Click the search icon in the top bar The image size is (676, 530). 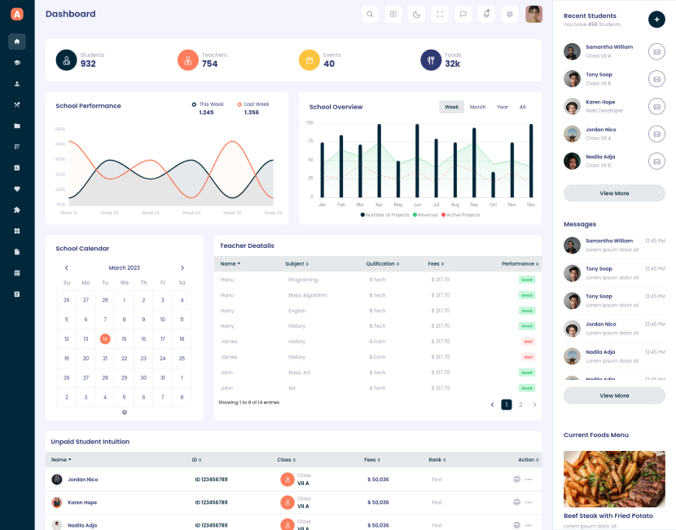coord(370,14)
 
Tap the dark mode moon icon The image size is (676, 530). coord(416,14)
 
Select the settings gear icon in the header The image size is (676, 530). coord(510,14)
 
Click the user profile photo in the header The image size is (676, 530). coord(533,14)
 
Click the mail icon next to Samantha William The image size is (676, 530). coord(656,51)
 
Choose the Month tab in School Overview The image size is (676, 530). coord(477,107)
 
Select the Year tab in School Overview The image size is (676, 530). coord(503,107)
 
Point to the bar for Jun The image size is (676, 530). coord(417,161)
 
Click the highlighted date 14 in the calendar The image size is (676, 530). coord(105,338)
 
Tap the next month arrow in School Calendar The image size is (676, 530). coord(182,267)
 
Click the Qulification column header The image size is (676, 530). coord(382,264)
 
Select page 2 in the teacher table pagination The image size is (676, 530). coord(520,404)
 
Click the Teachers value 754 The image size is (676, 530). coord(209,64)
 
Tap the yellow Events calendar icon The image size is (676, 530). coord(309,60)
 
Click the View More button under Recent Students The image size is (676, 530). coord(614,193)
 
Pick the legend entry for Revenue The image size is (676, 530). coord(425,214)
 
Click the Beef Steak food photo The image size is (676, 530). coord(614,479)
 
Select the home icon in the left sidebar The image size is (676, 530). coord(17,42)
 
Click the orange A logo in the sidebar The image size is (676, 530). coord(17,14)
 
